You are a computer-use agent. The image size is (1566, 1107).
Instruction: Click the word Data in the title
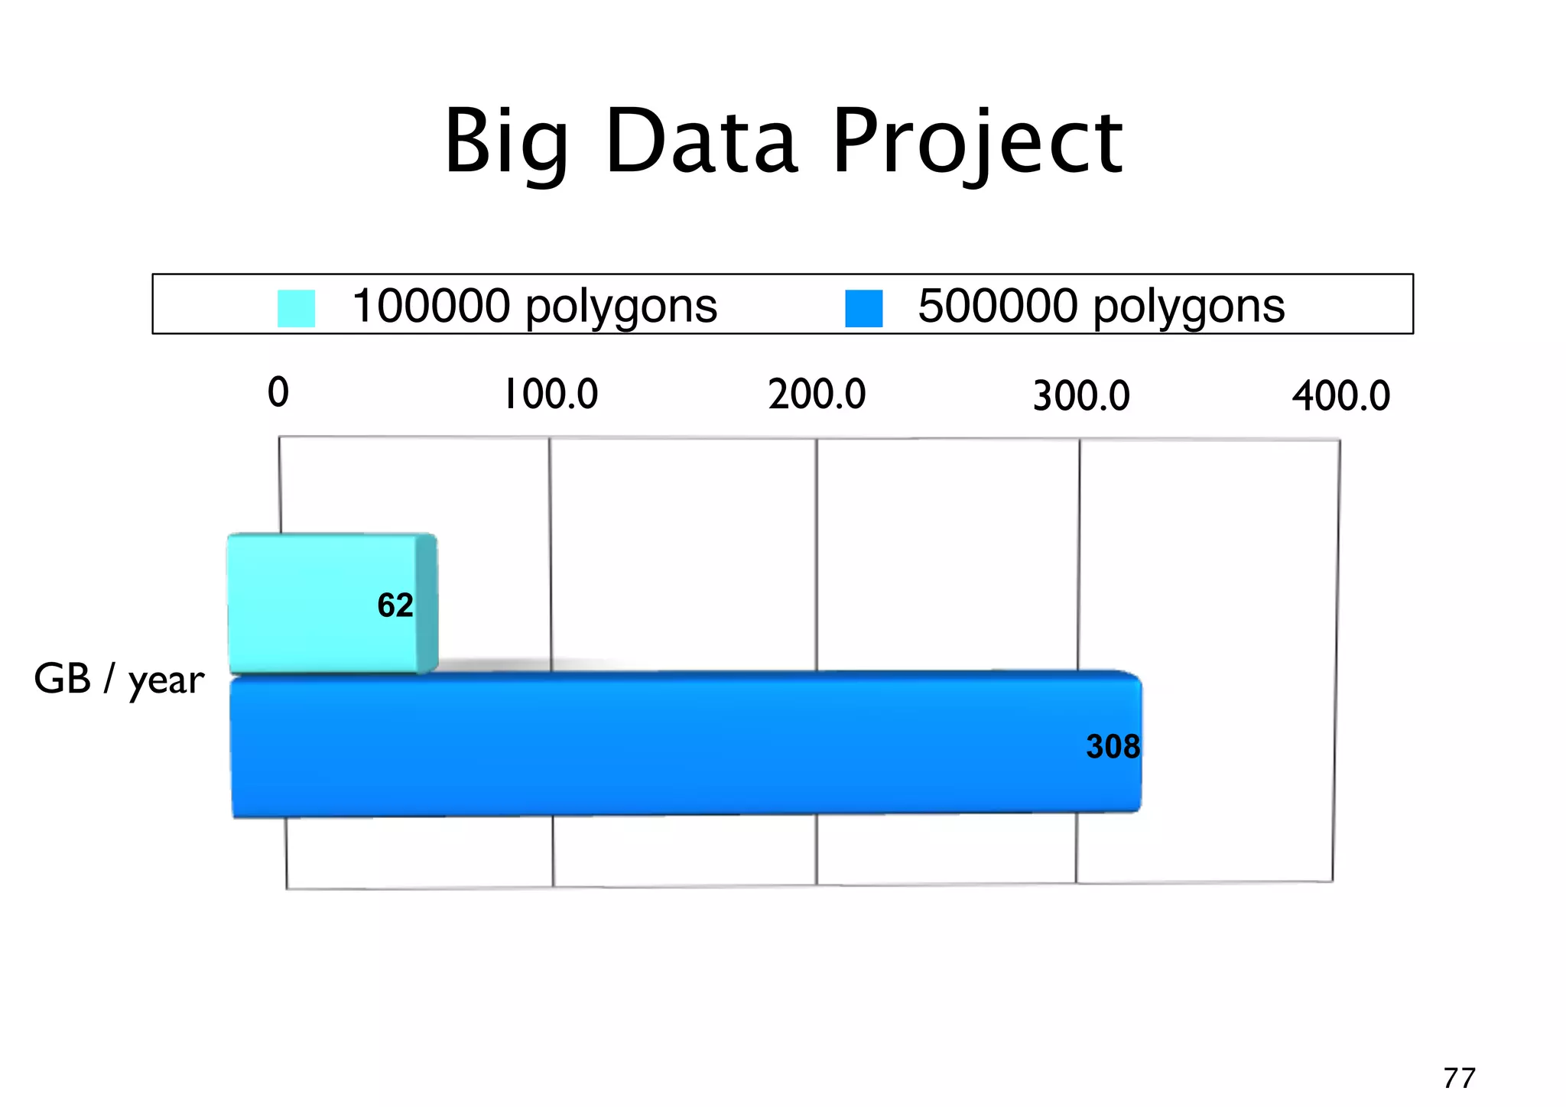pos(701,142)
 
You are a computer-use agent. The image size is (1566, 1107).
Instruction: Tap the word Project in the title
pos(977,144)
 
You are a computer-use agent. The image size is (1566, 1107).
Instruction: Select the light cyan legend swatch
pos(296,308)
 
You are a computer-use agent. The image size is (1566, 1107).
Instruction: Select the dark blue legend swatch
pos(863,308)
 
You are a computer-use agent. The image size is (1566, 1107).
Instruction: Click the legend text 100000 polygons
pos(534,307)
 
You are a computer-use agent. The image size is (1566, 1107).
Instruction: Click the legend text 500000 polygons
pos(1100,307)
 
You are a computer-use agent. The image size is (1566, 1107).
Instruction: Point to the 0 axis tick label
pos(278,392)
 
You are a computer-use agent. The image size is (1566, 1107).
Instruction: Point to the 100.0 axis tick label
pos(551,395)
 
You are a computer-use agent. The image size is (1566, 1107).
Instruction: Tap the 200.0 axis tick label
pos(817,395)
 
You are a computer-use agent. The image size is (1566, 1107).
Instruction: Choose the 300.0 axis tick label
pos(1080,397)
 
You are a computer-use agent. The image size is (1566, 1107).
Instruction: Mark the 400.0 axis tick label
pos(1340,397)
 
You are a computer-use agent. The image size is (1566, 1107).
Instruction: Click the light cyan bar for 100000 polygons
pos(321,604)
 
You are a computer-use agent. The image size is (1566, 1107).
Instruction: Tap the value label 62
pos(395,605)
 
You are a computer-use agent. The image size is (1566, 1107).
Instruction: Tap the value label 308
pos(1113,747)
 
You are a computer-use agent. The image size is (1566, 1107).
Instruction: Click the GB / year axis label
pos(119,680)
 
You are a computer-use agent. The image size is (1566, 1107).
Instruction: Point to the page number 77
pos(1459,1078)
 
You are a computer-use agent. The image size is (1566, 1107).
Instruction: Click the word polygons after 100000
pos(621,308)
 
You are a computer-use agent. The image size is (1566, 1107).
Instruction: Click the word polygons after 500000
pos(1188,308)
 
